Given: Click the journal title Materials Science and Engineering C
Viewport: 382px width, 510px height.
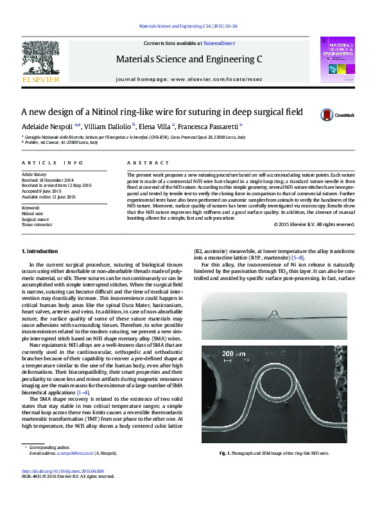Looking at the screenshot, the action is coord(189,59).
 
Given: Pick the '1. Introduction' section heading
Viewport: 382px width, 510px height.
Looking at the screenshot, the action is coord(42,251).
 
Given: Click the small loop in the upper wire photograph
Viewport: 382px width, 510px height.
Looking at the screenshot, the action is coord(275,315).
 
